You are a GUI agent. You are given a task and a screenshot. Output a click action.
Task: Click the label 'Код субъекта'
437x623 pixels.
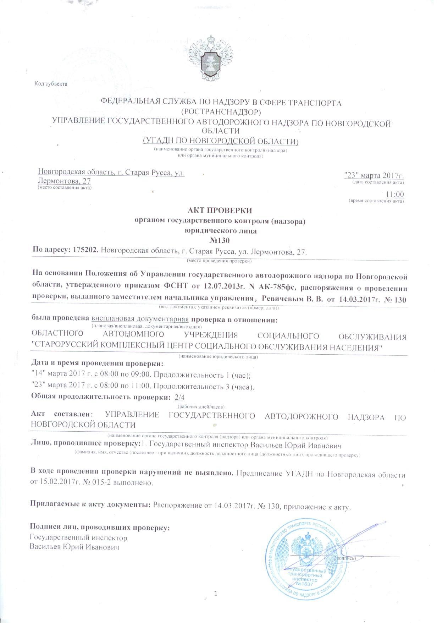pos(51,84)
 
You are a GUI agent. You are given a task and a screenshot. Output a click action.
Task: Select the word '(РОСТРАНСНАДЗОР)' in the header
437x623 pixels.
pos(221,112)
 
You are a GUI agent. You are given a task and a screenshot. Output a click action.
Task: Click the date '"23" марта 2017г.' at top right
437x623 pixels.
pos(375,175)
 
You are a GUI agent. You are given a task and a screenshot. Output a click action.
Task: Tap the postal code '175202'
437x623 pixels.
pos(85,251)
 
